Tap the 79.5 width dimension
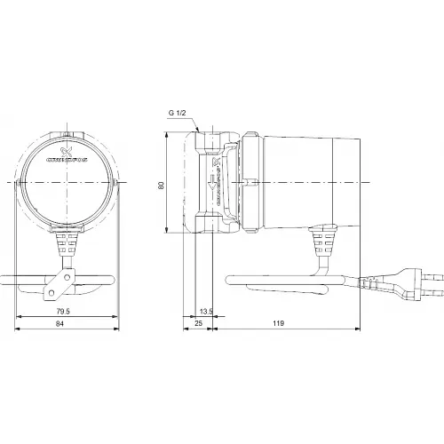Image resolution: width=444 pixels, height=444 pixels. tap(60, 312)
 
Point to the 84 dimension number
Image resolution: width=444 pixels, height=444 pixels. tap(61, 327)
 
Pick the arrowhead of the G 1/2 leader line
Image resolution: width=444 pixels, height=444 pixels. tap(204, 130)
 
